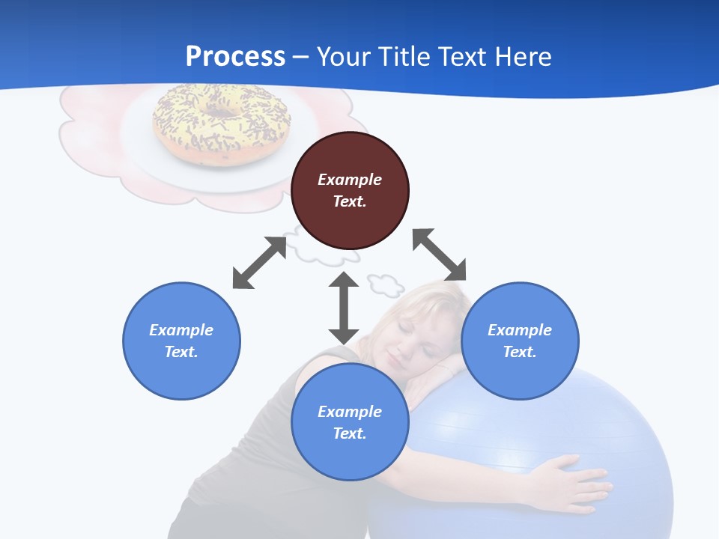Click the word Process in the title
point(235,56)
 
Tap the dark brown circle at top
point(350,190)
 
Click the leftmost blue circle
point(181,341)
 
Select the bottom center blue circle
point(350,422)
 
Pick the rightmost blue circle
point(520,341)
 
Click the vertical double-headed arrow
point(344,308)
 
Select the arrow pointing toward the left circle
point(259,263)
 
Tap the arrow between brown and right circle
point(440,255)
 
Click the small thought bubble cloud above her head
point(385,284)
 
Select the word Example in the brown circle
point(350,180)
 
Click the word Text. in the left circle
point(181,352)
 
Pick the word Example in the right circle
point(520,330)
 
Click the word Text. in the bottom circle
point(350,433)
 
